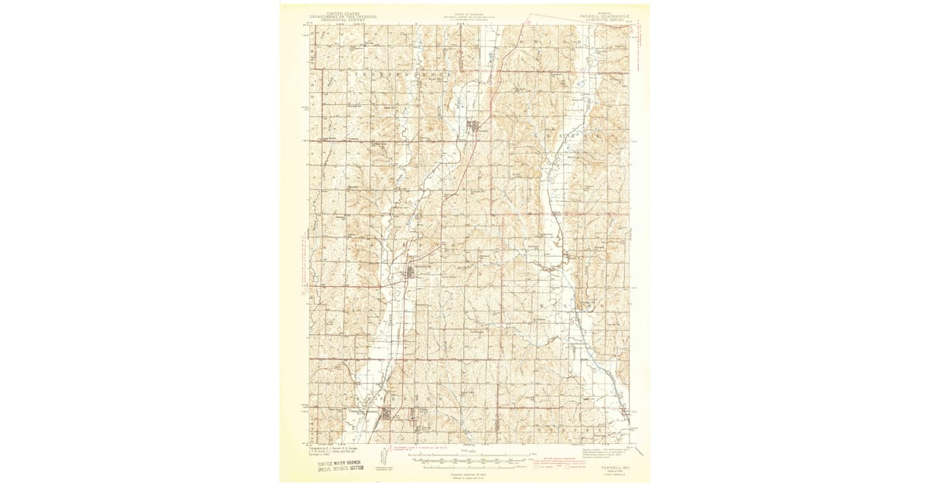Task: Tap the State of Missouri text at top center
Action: (x=465, y=16)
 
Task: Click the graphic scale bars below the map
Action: (x=464, y=465)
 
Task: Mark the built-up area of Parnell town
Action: (x=479, y=128)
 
